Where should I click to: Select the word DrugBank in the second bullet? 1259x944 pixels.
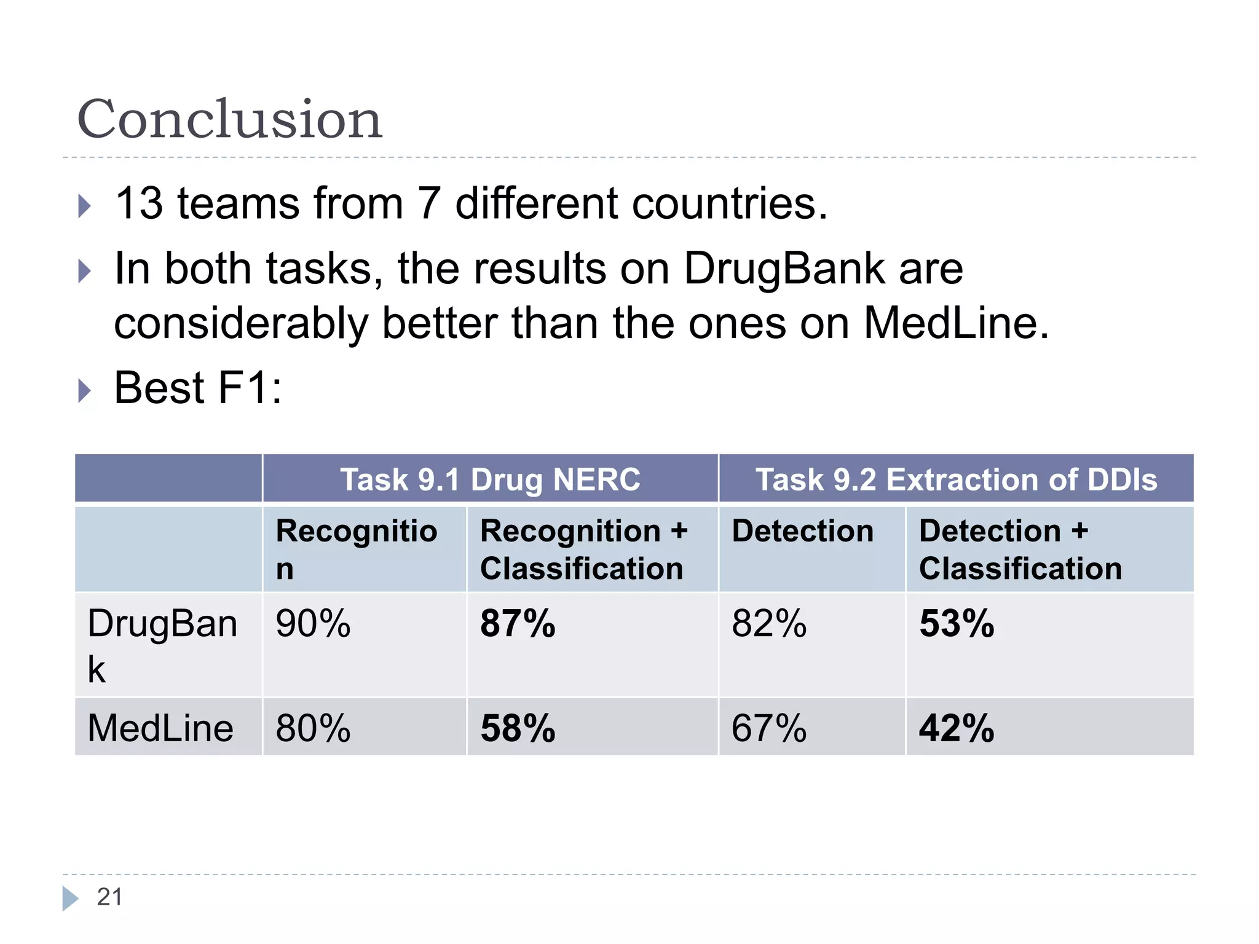pyautogui.click(x=823, y=269)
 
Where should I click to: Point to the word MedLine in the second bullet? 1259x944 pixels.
pyautogui.click(x=955, y=323)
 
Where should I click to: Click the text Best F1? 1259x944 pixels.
pyautogui.click(x=198, y=388)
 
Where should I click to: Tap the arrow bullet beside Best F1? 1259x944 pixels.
pyautogui.click(x=85, y=390)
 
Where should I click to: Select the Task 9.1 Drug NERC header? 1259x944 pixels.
pyautogui.click(x=490, y=479)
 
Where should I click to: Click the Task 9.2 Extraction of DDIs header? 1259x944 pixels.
pyautogui.click(x=956, y=479)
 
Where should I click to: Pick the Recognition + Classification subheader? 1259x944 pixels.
pyautogui.click(x=583, y=549)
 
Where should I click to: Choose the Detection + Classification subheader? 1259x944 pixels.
pyautogui.click(x=1020, y=549)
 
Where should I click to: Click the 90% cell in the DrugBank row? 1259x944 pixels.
pyautogui.click(x=313, y=624)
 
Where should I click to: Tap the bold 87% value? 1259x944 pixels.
pyautogui.click(x=518, y=624)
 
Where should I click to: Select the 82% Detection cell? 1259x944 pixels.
pyautogui.click(x=769, y=624)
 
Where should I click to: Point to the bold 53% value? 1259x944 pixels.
pyautogui.click(x=957, y=624)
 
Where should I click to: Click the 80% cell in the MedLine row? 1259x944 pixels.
pyautogui.click(x=313, y=728)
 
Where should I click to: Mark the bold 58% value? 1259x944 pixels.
pyautogui.click(x=518, y=728)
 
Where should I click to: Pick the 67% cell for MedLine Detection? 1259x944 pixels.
pyautogui.click(x=769, y=728)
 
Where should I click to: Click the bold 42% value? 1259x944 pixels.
pyautogui.click(x=957, y=728)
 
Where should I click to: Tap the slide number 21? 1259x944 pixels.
pyautogui.click(x=110, y=897)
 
